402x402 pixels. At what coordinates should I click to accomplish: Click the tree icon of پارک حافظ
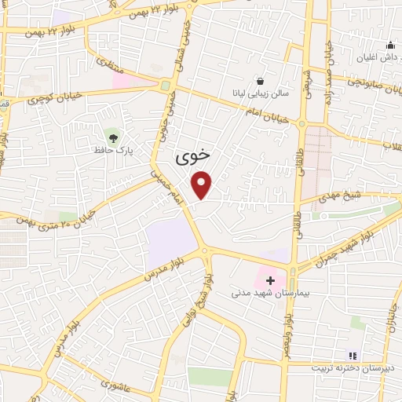coord(114,138)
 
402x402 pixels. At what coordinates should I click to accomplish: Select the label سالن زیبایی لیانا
coord(258,93)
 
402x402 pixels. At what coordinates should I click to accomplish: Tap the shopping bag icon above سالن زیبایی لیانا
coord(259,81)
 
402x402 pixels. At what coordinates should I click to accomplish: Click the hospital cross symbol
coord(271,280)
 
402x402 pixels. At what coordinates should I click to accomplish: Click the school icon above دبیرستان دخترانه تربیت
coord(353,356)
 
